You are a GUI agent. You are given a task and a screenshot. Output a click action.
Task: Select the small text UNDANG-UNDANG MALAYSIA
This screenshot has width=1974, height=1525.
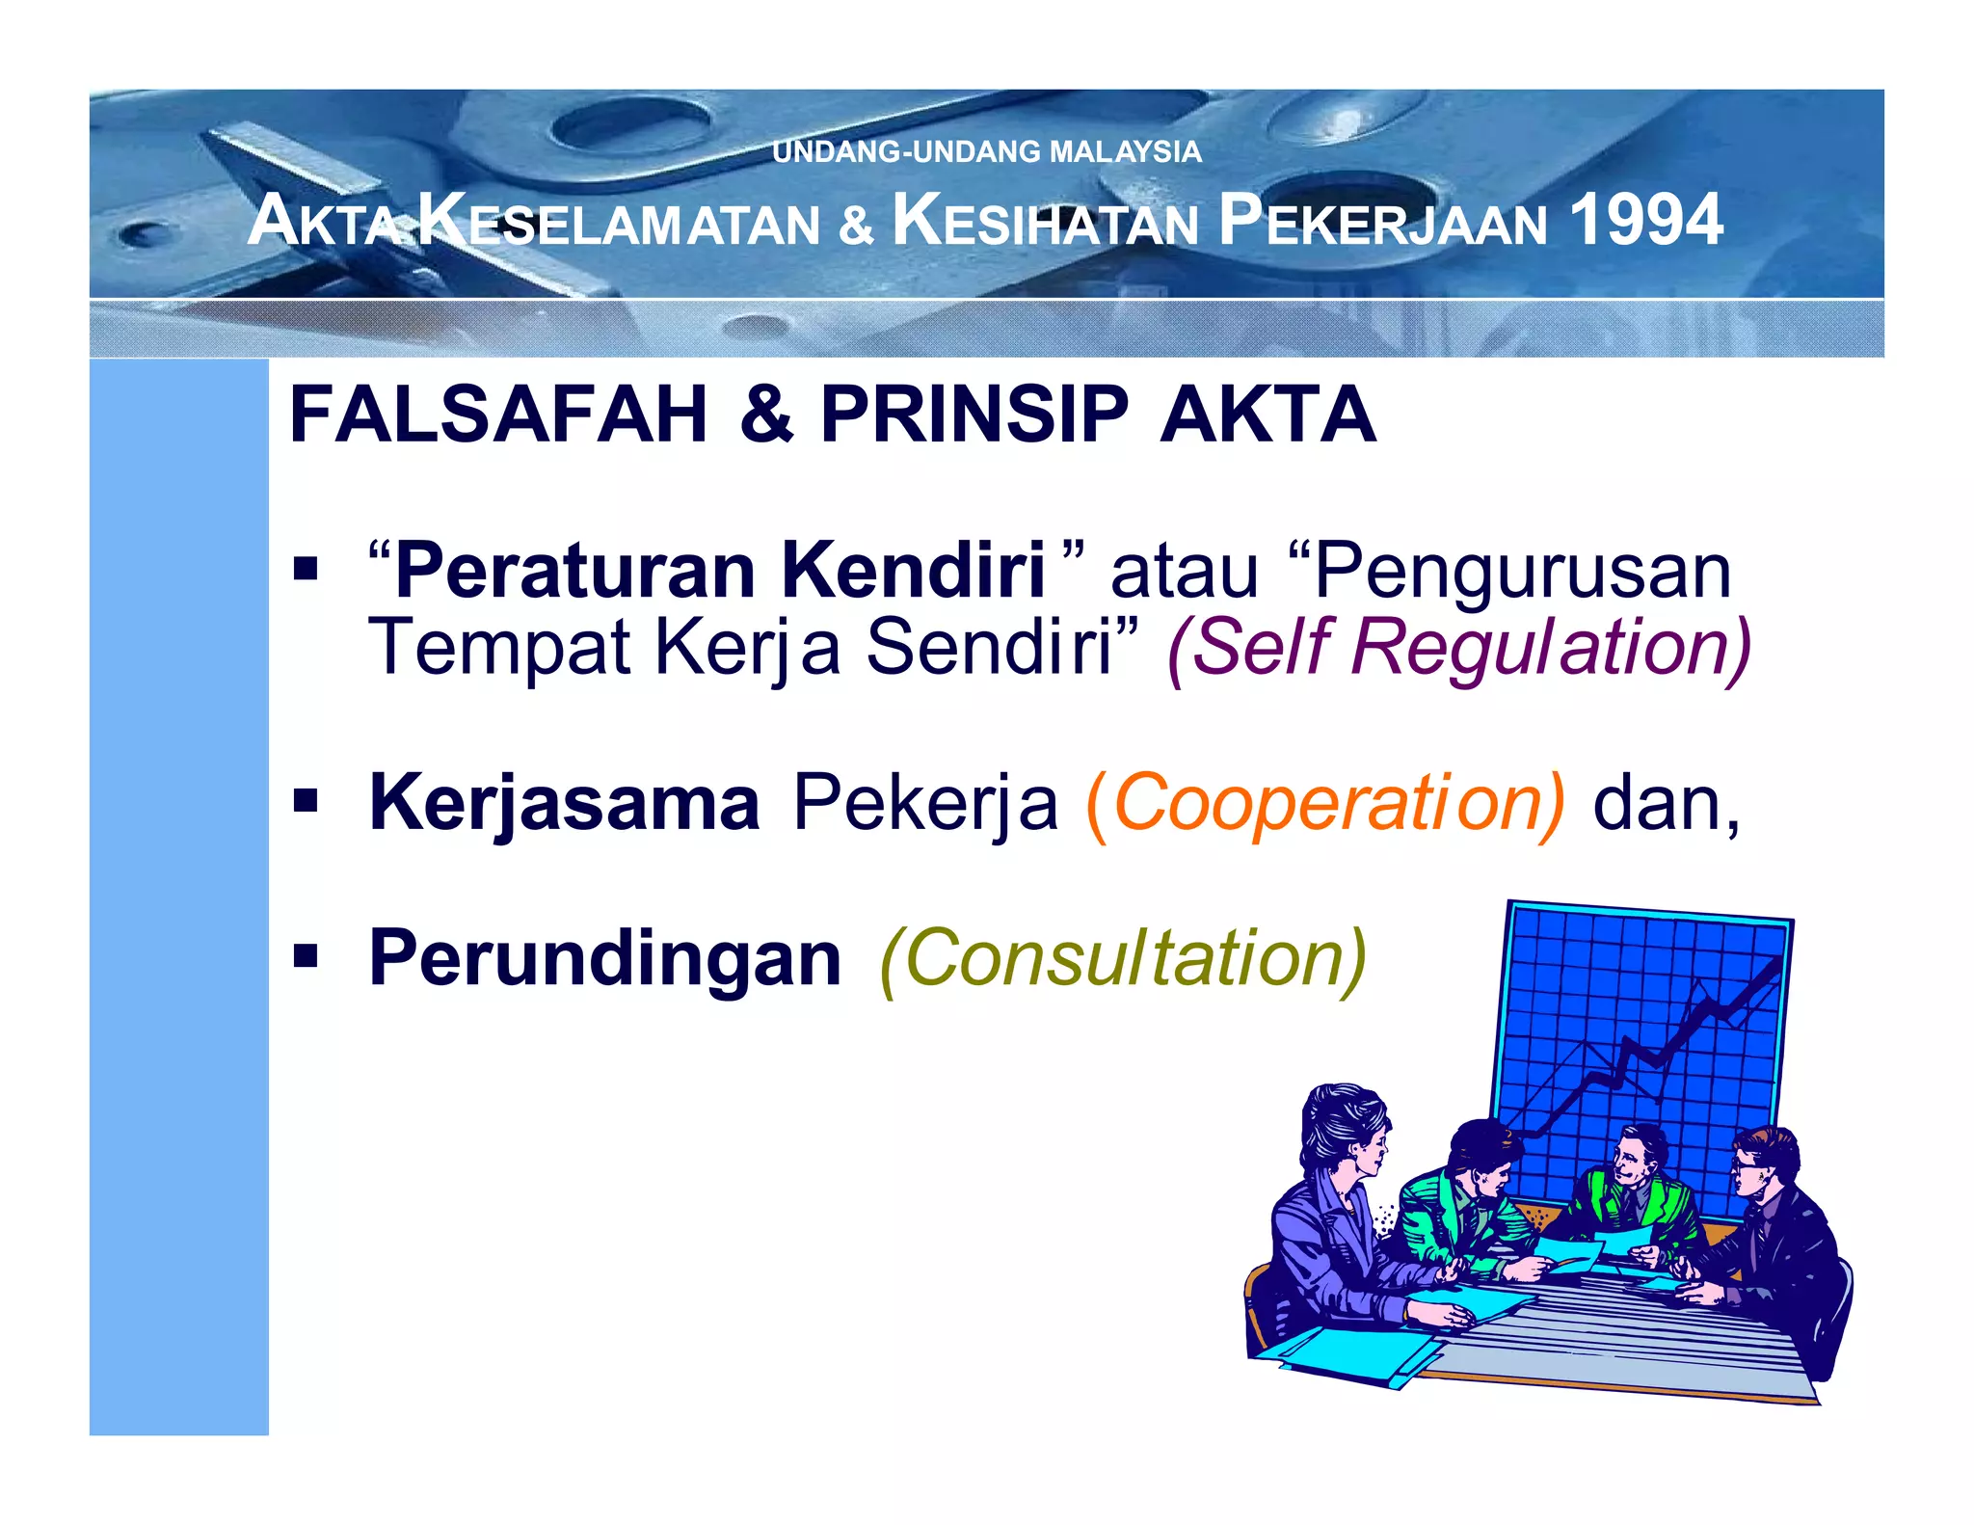point(986,151)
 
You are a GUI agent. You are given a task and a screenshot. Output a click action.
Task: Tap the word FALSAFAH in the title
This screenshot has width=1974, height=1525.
point(498,415)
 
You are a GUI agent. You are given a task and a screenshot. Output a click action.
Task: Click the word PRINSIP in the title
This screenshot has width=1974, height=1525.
point(974,415)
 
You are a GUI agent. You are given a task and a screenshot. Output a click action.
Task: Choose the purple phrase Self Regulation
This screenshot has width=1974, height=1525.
point(1458,647)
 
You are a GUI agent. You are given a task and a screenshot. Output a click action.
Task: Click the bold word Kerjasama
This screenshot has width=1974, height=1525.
point(565,803)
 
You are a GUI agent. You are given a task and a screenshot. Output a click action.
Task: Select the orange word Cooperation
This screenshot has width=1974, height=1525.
point(1325,803)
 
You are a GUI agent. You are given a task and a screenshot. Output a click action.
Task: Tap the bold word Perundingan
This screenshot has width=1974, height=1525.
point(605,958)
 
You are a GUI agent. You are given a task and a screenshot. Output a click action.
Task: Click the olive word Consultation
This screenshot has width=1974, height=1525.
point(1123,958)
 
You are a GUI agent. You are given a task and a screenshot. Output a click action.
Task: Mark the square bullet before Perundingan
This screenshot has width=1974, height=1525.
point(307,956)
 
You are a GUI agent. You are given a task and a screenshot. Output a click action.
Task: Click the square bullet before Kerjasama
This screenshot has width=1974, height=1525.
point(307,800)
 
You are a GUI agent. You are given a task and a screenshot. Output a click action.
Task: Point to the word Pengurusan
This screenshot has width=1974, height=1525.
point(1523,571)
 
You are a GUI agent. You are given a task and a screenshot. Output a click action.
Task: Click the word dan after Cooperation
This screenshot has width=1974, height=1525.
point(1665,803)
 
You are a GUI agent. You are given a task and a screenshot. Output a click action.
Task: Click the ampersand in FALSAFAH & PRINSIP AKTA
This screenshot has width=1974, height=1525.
point(766,415)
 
